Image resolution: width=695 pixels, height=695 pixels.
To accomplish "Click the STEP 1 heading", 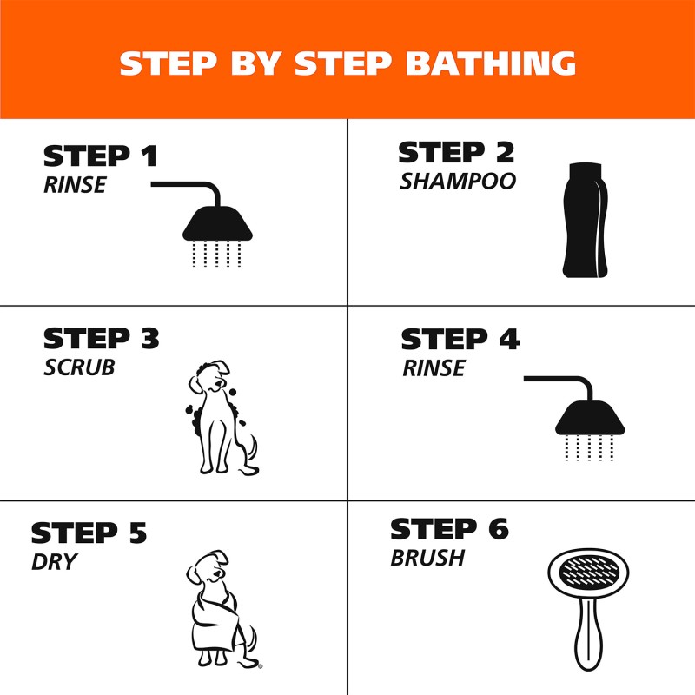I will pyautogui.click(x=101, y=156).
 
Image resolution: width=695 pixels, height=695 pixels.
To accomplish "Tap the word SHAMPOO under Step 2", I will pyautogui.click(x=458, y=182).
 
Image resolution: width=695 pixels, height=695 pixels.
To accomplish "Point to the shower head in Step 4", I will pyautogui.click(x=591, y=419).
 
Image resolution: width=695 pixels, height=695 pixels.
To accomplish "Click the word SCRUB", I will pyautogui.click(x=79, y=367).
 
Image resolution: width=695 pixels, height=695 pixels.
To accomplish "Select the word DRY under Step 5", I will pyautogui.click(x=54, y=562).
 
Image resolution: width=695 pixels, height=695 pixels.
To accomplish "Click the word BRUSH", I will pyautogui.click(x=427, y=558).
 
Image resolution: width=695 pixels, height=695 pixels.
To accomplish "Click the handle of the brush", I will pyautogui.click(x=590, y=643).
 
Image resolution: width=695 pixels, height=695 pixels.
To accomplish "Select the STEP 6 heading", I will pyautogui.click(x=449, y=529).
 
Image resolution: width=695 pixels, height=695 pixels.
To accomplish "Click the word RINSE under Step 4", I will pyautogui.click(x=434, y=368).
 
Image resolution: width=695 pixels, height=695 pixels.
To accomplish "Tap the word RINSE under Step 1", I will pyautogui.click(x=75, y=184).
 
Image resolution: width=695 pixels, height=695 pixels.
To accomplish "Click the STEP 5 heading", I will pyautogui.click(x=89, y=533).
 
